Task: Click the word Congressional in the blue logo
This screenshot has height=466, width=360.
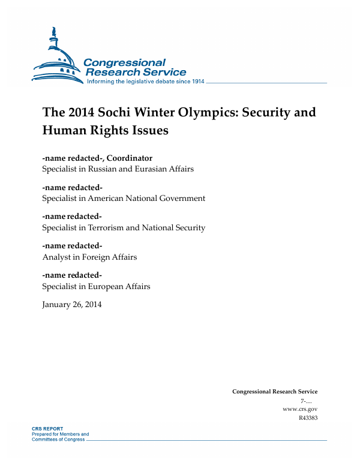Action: [124, 62]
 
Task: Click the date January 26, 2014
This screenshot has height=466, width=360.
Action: [72, 305]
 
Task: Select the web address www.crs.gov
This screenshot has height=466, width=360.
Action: [299, 409]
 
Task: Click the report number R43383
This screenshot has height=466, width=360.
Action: [307, 418]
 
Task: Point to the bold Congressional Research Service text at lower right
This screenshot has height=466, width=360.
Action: [275, 392]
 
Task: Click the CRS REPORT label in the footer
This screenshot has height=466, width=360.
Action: [46, 429]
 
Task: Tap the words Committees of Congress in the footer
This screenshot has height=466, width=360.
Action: [59, 439]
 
